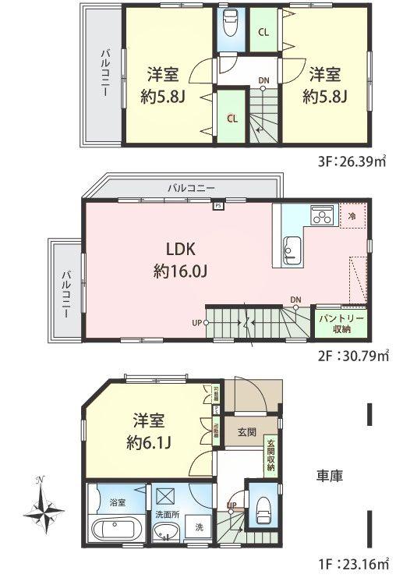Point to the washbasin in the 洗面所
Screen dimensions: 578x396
click(x=164, y=534)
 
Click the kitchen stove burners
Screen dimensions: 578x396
click(x=321, y=214)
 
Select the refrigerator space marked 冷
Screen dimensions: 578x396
click(x=352, y=216)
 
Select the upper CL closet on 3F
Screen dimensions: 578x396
click(x=263, y=32)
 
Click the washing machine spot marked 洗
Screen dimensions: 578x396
click(x=199, y=527)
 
